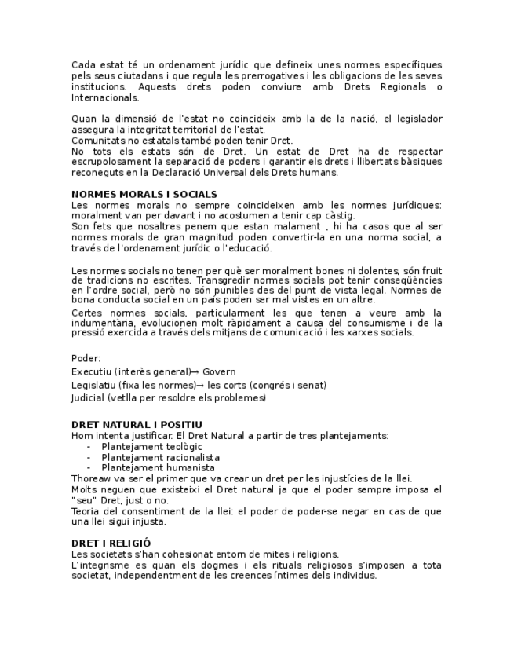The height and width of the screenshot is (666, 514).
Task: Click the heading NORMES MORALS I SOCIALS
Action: click(144, 194)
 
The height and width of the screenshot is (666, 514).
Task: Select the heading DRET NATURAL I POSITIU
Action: click(131, 425)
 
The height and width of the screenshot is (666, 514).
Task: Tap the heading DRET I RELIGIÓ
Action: click(111, 543)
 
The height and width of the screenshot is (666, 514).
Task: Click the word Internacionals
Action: click(105, 98)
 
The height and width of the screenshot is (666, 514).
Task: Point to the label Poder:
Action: click(86, 358)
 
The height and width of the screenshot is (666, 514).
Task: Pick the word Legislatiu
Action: click(94, 385)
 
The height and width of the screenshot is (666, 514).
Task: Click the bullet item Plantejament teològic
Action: click(140, 446)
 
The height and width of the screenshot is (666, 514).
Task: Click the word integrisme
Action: click(106, 565)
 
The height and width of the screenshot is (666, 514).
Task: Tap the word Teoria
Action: click(86, 511)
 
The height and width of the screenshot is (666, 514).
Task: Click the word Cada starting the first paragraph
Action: click(84, 65)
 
